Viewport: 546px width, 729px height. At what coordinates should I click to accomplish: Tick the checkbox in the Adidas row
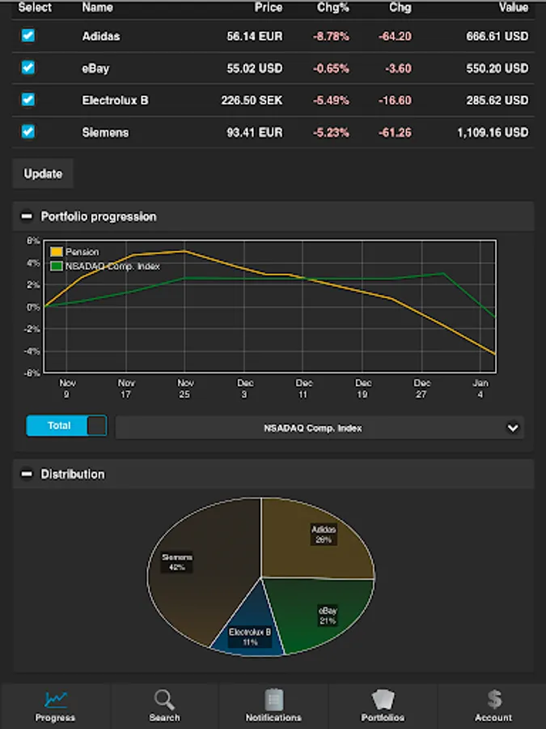28,36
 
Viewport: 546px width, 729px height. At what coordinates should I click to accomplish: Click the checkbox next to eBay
28,68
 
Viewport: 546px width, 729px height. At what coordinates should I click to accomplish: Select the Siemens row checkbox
28,131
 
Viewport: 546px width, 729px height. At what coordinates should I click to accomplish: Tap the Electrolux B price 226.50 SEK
252,100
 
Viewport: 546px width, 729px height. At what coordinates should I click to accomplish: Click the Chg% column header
332,7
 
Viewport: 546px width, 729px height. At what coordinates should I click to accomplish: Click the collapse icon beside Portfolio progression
27,217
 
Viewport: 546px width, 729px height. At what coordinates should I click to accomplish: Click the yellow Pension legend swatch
57,252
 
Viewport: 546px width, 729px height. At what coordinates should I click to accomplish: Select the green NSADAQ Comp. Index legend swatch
57,266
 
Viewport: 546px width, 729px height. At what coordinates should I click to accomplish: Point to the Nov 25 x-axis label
185,388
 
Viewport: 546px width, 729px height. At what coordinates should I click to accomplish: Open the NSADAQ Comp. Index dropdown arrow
512,428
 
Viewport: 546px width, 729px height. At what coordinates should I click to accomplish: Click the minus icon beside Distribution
27,475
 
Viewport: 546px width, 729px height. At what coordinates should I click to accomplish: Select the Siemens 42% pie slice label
177,562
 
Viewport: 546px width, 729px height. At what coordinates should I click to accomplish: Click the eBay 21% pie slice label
327,615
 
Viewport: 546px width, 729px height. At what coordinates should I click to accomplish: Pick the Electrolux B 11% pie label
249,637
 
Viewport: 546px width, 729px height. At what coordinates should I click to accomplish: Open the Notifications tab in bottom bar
273,706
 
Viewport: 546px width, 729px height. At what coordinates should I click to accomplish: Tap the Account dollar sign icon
493,699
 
